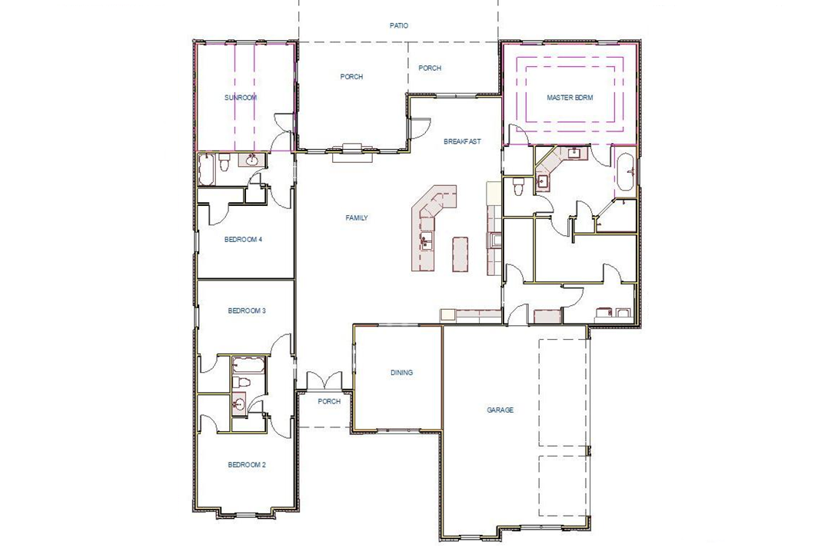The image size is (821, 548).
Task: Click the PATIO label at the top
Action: pos(398,25)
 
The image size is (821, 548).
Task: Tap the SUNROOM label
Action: pos(240,98)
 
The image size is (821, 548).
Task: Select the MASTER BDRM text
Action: pos(570,98)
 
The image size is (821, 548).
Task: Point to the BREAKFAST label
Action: pos(462,141)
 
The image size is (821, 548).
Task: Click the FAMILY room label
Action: pos(356,218)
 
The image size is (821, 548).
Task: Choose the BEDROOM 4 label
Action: pos(243,239)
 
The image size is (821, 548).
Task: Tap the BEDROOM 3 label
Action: pos(246,311)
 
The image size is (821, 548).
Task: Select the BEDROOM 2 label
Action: pos(246,465)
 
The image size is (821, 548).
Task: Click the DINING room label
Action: pos(401,373)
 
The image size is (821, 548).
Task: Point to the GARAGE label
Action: pos(500,410)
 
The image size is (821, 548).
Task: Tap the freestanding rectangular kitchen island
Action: pos(460,253)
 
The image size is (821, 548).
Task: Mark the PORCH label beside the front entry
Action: pos(329,401)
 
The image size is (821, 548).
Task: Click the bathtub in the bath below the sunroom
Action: pos(208,168)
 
